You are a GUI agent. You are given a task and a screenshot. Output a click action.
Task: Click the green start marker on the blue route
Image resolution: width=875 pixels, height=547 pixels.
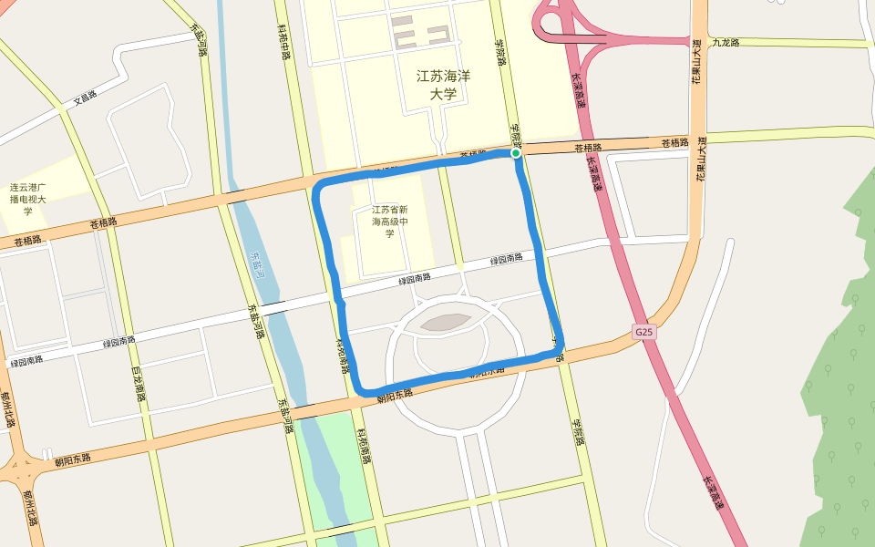click(x=516, y=153)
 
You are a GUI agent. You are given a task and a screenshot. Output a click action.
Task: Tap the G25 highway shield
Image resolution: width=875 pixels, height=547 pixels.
click(x=644, y=332)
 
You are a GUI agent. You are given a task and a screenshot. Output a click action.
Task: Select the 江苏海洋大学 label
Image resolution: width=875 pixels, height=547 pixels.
click(x=443, y=85)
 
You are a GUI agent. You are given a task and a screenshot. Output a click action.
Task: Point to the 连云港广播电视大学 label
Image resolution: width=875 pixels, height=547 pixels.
click(x=28, y=199)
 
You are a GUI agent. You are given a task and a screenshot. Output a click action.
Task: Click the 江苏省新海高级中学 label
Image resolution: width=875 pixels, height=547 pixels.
click(x=389, y=222)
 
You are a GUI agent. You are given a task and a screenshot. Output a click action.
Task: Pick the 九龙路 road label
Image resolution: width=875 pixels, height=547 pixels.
click(x=726, y=42)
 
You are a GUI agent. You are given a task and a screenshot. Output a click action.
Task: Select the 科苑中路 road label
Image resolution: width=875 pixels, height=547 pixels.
click(x=283, y=42)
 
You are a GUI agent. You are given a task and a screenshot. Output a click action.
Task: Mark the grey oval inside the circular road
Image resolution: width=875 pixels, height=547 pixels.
click(x=446, y=322)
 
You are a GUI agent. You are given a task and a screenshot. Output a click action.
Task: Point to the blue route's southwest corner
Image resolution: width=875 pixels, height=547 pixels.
click(x=364, y=390)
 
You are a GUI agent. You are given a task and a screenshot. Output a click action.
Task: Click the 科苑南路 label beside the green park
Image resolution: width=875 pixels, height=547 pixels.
click(x=365, y=446)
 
